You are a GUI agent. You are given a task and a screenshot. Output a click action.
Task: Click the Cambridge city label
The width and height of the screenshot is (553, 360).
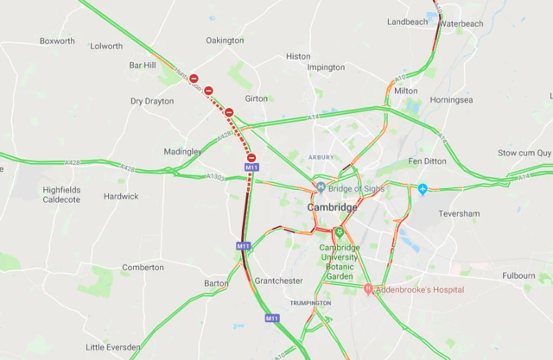coord(333,208)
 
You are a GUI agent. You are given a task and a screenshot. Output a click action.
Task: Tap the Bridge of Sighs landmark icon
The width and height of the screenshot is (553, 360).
coord(321,187)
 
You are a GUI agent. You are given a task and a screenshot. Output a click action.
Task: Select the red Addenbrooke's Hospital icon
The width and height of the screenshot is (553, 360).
coord(368,288)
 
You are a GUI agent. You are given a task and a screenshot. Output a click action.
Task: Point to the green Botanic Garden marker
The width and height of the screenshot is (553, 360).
coord(339,232)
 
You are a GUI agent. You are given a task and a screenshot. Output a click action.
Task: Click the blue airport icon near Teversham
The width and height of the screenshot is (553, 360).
coord(423,188)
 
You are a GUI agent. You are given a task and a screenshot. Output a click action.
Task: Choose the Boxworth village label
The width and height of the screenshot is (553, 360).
coord(57,41)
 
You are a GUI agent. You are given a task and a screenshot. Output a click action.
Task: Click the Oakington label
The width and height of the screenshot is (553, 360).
coord(225,41)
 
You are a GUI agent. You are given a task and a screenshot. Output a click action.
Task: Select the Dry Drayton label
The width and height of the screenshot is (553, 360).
coord(152,101)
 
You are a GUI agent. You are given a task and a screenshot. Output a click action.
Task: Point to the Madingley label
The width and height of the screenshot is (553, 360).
coord(182,151)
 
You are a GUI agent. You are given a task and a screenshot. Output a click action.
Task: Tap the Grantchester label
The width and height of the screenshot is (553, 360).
coord(279,281)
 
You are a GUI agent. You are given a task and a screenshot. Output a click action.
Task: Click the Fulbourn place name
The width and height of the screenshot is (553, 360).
coord(518,276)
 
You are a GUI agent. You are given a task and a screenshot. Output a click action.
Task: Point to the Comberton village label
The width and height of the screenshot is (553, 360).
coord(143,268)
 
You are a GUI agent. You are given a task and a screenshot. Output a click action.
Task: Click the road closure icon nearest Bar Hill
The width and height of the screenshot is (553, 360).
coord(194,79)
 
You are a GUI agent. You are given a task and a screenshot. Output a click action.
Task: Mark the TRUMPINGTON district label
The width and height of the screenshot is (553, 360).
coord(310,303)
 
